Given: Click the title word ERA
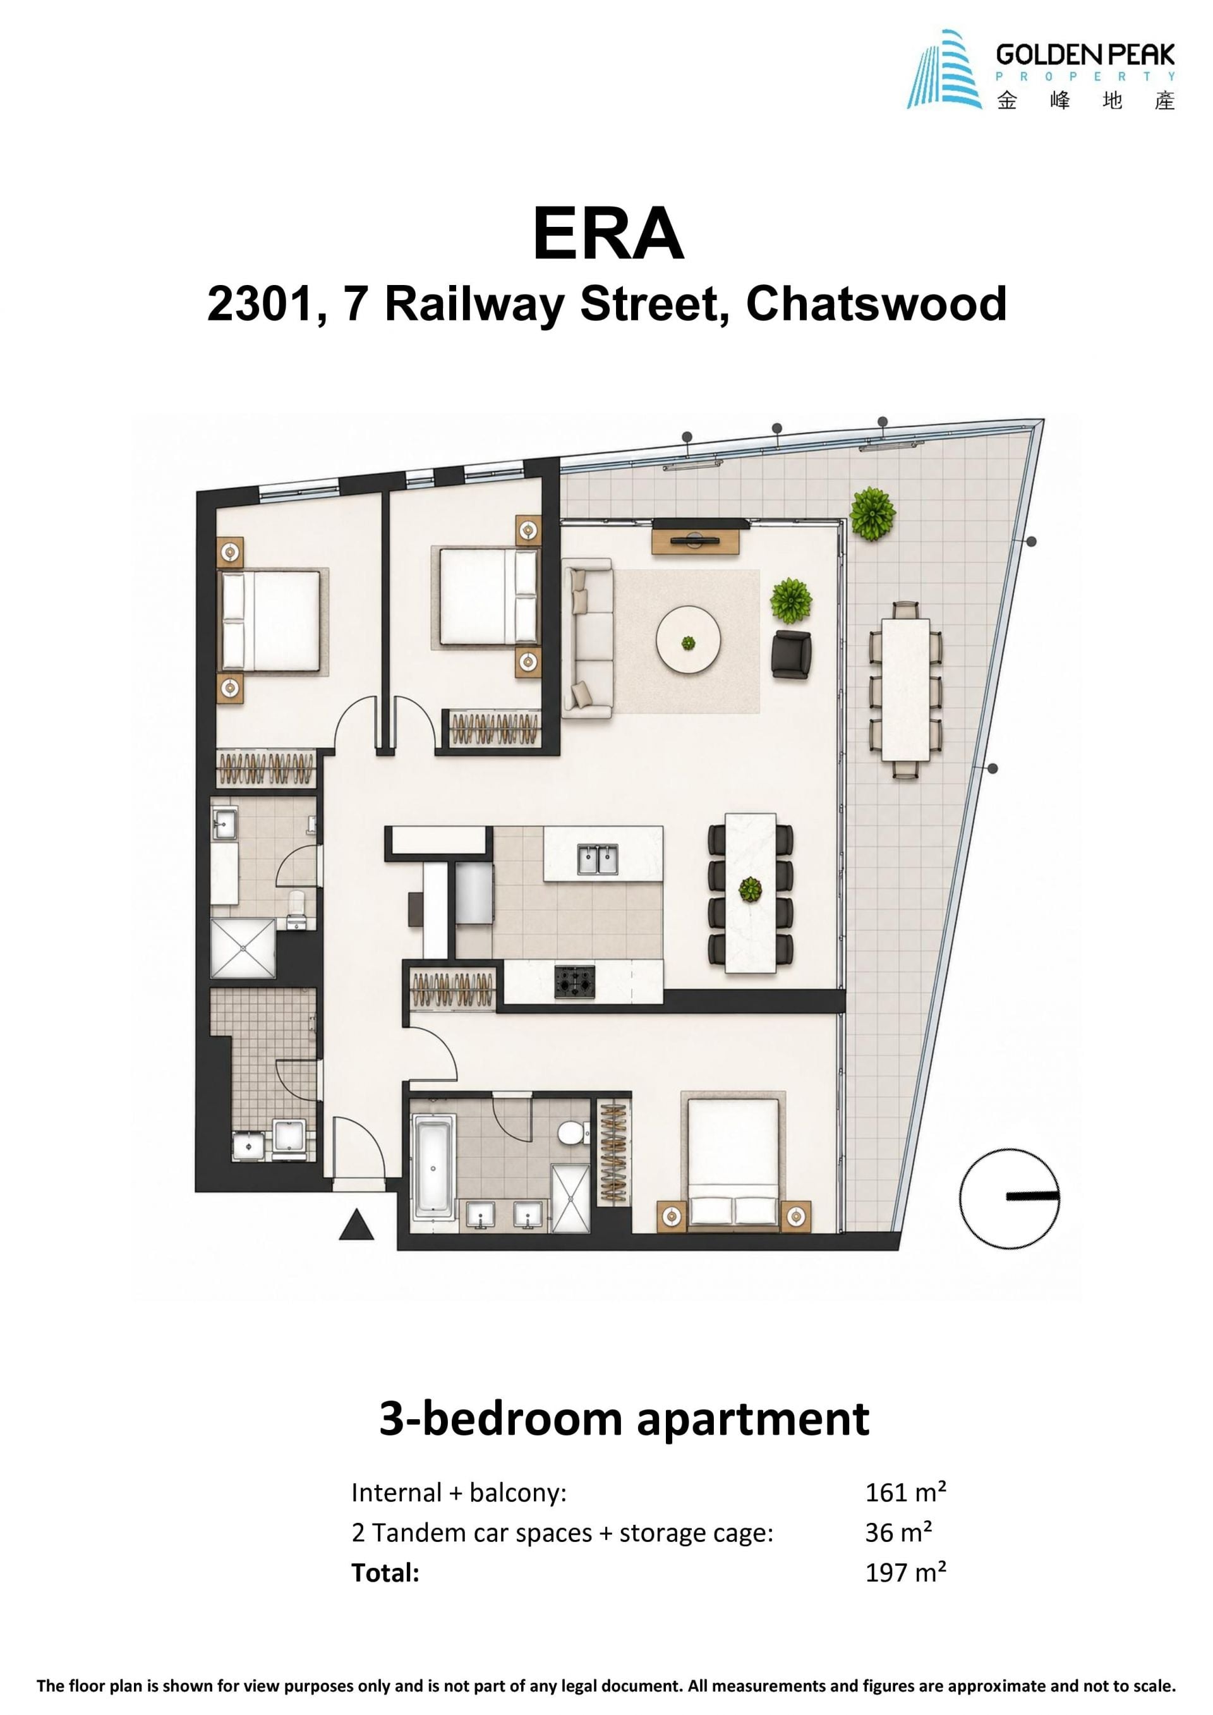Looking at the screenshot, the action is [x=608, y=235].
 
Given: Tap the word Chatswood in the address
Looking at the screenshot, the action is [x=876, y=304].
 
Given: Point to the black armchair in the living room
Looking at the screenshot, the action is [x=790, y=654].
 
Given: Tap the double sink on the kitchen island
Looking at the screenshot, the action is [x=598, y=859].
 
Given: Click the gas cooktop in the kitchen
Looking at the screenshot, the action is [x=574, y=981].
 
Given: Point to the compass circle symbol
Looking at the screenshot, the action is [x=1010, y=1198].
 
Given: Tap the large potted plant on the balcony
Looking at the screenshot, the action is [x=872, y=513].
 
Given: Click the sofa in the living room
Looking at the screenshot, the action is [x=588, y=639].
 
